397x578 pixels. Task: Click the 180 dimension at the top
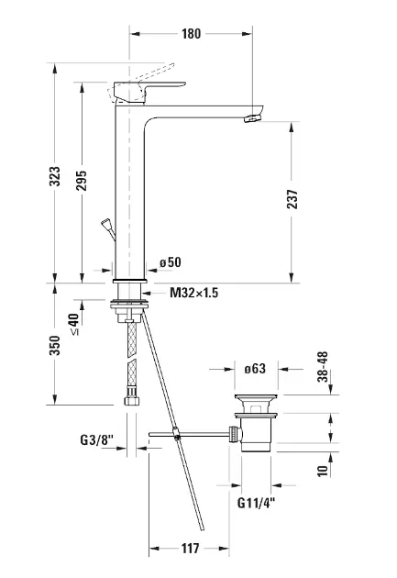pos(191,34)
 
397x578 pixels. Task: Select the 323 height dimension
pos(55,176)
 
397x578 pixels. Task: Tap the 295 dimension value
pos(82,180)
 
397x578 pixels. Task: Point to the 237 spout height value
pos(292,199)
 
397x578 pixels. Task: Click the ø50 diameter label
pos(171,262)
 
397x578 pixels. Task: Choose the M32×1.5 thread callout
pos(193,293)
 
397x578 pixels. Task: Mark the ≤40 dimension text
pos(75,325)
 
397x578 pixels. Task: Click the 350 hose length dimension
pos(55,345)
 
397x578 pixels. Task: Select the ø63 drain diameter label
pos(255,368)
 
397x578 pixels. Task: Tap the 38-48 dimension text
pos(323,367)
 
